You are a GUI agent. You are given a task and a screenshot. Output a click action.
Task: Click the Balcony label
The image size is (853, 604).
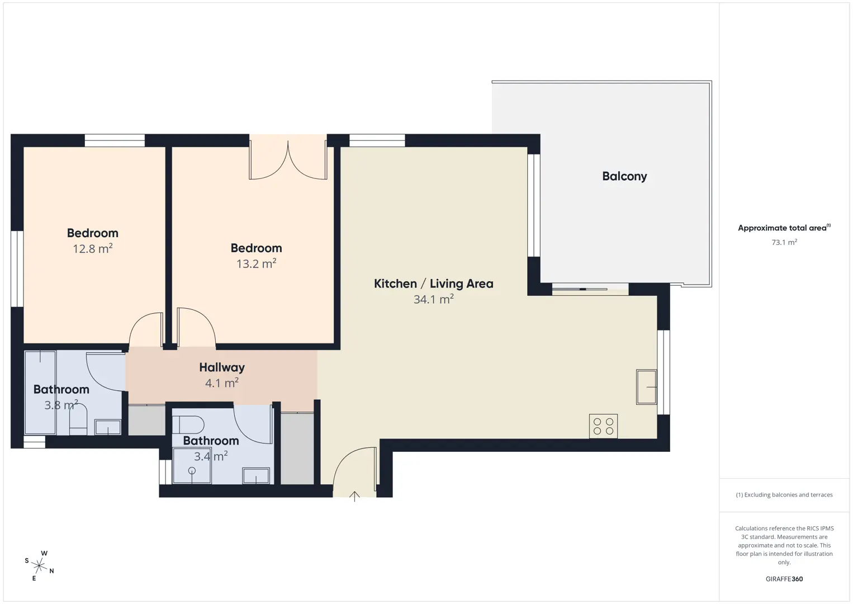coord(624,176)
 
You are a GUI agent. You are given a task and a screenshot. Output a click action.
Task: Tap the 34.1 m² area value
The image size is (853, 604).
coord(433,299)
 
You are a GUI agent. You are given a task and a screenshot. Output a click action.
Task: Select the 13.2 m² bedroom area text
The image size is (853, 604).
coord(256,264)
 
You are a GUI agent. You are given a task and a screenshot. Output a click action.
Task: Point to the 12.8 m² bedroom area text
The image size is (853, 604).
coord(93,248)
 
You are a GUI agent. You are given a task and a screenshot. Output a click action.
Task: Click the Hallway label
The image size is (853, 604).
coord(222,367)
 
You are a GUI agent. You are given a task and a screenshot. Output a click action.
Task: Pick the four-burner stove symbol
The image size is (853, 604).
coord(603,426)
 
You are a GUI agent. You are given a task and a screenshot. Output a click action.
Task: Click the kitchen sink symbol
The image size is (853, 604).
coord(647,387)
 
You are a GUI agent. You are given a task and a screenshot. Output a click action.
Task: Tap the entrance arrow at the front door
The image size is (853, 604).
coord(354,496)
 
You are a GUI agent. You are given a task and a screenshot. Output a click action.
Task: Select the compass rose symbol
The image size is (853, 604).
coord(39,566)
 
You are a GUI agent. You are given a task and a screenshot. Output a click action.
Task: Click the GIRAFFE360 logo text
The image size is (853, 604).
coord(784,579)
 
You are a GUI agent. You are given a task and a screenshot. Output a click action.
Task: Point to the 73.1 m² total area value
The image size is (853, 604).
coord(784,242)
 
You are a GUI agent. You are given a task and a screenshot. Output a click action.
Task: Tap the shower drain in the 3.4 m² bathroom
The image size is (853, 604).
coord(192,471)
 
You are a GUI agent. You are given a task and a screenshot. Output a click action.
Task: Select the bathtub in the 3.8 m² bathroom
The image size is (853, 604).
coord(40,393)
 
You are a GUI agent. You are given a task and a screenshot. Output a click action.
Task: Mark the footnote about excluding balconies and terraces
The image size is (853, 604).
coord(784,494)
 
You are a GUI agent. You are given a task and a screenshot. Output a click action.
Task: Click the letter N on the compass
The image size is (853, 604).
coord(51,571)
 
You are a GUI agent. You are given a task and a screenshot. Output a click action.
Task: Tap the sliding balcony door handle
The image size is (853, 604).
coord(582,289)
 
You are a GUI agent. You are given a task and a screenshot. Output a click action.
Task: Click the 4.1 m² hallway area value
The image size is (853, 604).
coord(222,383)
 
